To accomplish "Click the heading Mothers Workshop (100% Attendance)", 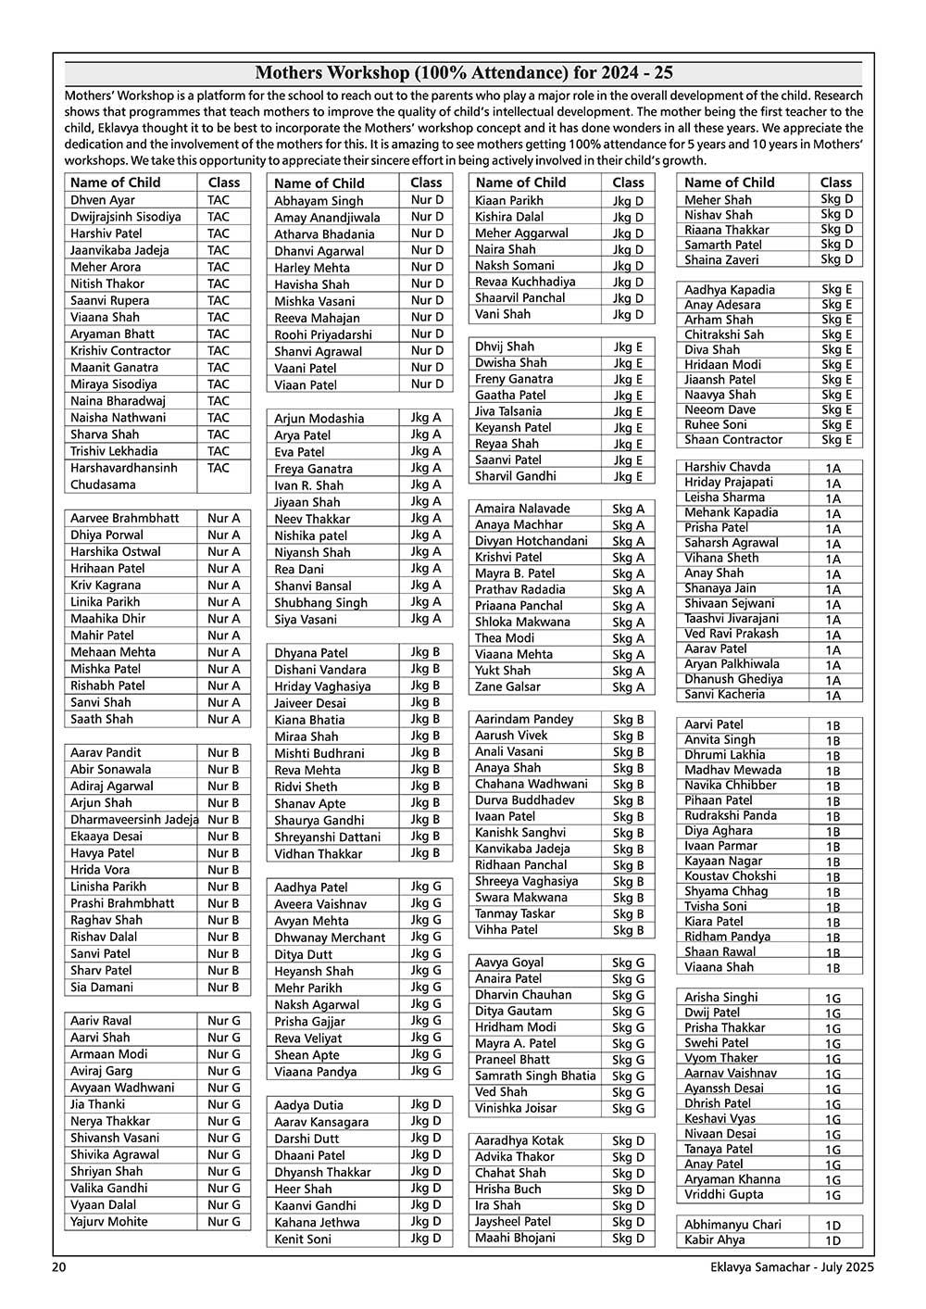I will tap(463, 73).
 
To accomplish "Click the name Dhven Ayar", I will tap(103, 200).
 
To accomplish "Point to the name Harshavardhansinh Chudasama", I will tap(123, 476).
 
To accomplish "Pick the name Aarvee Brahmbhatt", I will tap(125, 519).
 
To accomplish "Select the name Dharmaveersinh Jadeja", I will tap(134, 820).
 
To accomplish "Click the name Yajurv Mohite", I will tap(109, 1222).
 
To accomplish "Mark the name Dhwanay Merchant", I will tap(330, 938).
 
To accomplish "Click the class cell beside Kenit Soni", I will tap(426, 1239).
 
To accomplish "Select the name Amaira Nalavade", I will tap(522, 509).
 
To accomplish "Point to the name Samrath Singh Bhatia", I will tap(535, 1076).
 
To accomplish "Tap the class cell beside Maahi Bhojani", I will tap(628, 1238).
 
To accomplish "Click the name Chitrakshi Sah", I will tap(724, 334).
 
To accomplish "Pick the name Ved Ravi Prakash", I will tap(732, 634).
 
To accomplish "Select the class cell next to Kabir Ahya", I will tap(832, 1240).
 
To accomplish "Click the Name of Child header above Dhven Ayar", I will tap(116, 183).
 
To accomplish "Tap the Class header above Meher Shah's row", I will tap(835, 183).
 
